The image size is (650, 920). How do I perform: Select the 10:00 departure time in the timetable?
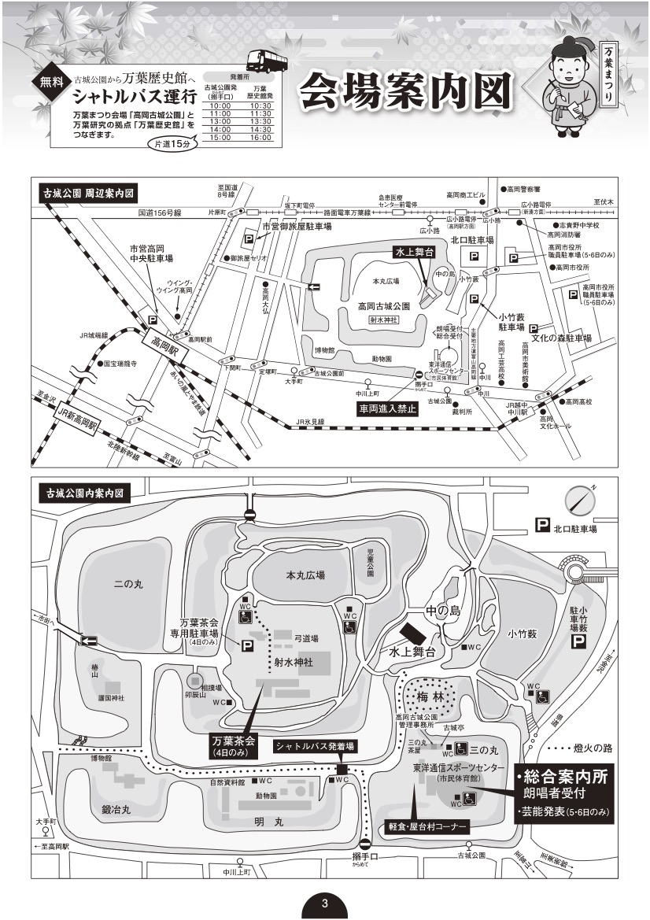220,106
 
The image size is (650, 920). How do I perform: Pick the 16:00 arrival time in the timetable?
260,138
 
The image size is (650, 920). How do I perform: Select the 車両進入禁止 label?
386,408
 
